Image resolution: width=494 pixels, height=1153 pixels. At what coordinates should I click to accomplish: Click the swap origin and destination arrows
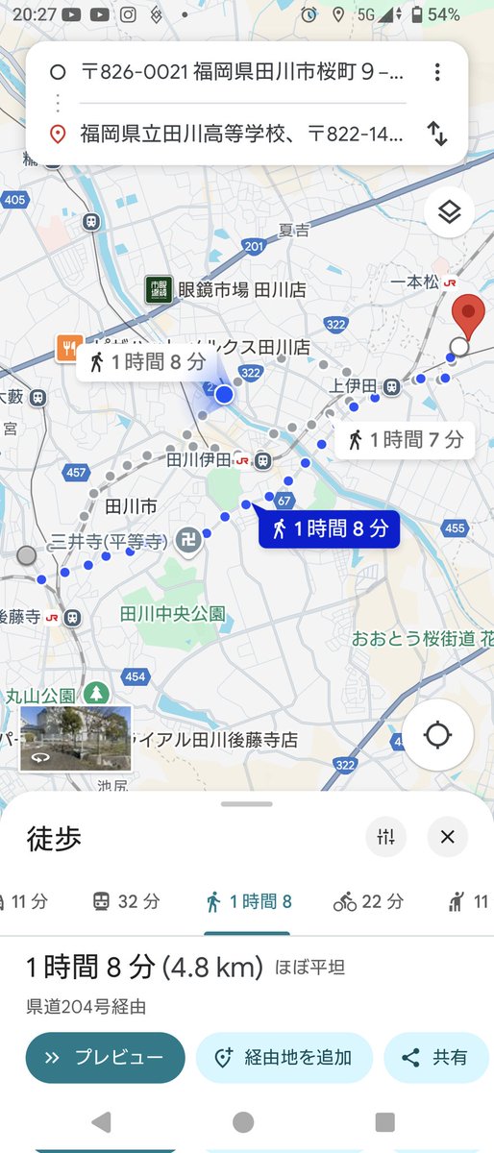click(x=437, y=134)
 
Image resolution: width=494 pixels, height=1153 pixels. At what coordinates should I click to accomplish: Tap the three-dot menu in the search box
click(x=437, y=72)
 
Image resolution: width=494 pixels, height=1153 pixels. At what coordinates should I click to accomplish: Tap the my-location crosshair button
click(x=437, y=735)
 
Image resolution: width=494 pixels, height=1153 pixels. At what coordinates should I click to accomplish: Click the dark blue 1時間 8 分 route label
click(x=329, y=527)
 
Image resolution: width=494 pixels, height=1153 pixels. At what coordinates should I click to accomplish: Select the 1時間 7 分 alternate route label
click(x=405, y=440)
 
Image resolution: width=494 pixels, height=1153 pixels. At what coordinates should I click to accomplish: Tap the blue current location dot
click(x=224, y=394)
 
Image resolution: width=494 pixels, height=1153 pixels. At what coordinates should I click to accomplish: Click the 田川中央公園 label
click(x=173, y=612)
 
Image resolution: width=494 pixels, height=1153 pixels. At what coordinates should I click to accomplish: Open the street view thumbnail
click(x=75, y=739)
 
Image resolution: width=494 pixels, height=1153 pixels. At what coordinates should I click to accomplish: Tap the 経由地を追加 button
click(x=284, y=1058)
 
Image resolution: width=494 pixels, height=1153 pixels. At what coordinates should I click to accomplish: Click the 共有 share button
click(x=436, y=1058)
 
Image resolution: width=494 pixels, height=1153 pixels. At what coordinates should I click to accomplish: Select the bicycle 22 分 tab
click(x=369, y=901)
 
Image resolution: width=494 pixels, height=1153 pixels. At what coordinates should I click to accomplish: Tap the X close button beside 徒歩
click(x=447, y=837)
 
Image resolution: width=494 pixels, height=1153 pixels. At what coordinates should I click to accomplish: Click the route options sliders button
click(x=386, y=837)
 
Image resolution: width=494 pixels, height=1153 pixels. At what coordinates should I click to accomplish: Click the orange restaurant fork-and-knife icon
click(x=66, y=347)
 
